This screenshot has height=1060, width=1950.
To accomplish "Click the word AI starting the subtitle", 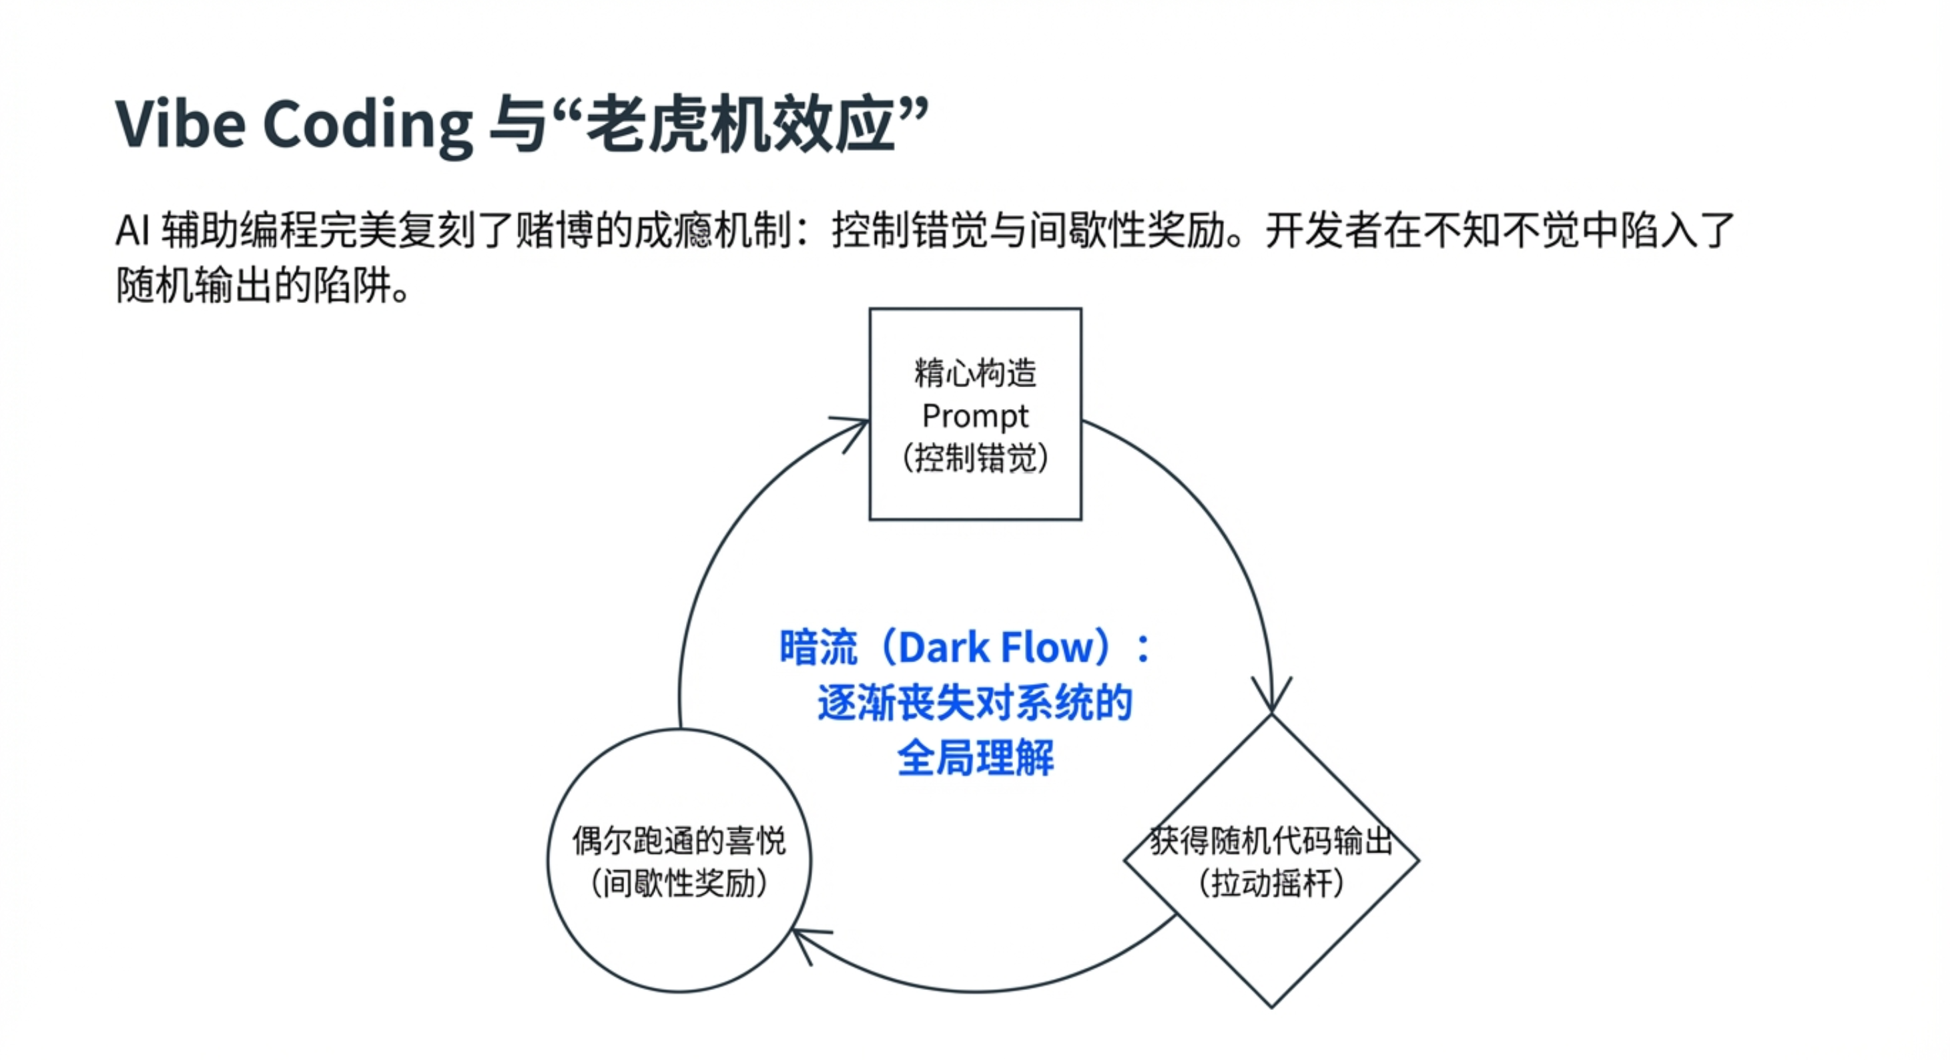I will click(x=133, y=230).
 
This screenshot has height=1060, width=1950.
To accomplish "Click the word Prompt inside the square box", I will click(x=975, y=416).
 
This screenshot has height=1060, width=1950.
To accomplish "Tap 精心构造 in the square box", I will click(x=975, y=372).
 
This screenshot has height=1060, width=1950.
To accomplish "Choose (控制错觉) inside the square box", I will click(x=975, y=458).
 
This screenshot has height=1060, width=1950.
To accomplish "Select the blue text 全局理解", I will click(x=975, y=759).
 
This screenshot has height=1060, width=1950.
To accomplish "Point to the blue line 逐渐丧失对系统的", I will click(x=975, y=704).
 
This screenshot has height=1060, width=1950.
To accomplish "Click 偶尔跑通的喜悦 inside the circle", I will click(x=679, y=840).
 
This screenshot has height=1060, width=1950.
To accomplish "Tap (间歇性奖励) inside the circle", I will click(x=679, y=884).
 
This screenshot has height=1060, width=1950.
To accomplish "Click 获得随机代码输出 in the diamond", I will click(x=1271, y=840).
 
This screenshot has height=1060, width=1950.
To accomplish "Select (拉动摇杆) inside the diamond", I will click(x=1271, y=884).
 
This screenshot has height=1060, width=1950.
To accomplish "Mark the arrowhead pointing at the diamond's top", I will click(x=1272, y=700).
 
